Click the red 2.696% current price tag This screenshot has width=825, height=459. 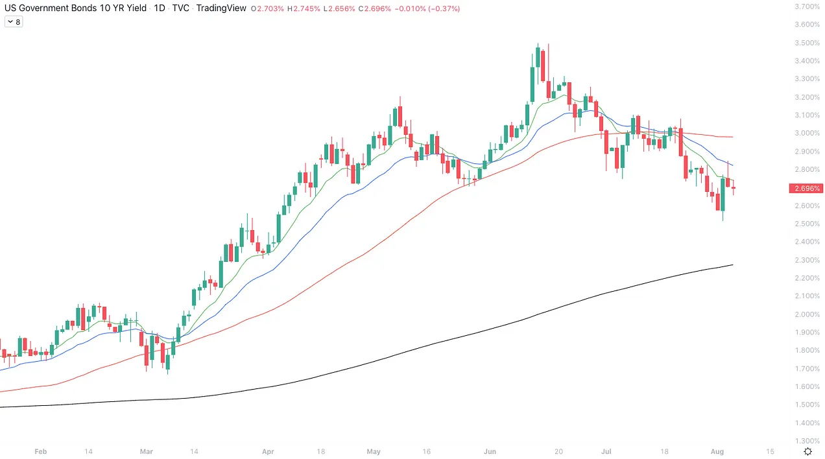[x=804, y=189]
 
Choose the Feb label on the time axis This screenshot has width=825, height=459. [x=40, y=451]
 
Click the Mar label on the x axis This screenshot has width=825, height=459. [x=147, y=451]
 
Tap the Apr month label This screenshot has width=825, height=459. [x=267, y=451]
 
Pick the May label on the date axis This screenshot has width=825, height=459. [x=374, y=451]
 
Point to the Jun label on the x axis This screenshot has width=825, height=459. [x=490, y=451]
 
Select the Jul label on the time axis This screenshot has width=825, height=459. [x=606, y=451]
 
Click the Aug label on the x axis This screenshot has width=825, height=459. [x=717, y=451]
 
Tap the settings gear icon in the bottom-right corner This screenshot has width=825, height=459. [x=807, y=451]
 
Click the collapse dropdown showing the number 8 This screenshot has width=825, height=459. [x=14, y=22]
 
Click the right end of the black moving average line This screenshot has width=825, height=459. [x=732, y=265]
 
